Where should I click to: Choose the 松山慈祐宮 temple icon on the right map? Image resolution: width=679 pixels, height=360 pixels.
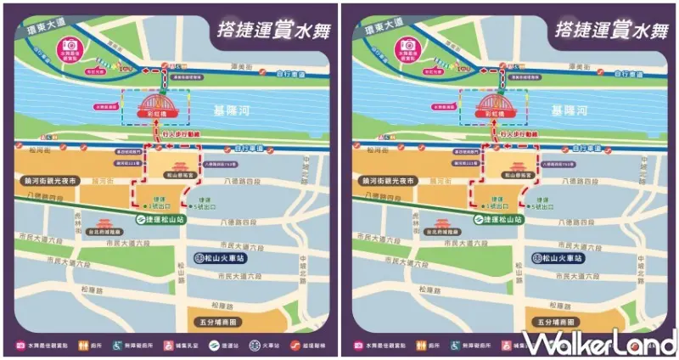tap(519, 166)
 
